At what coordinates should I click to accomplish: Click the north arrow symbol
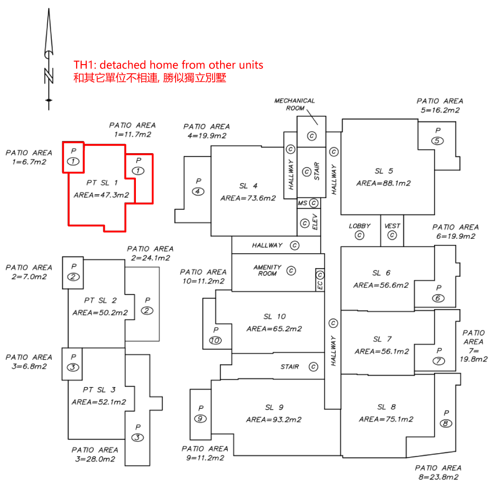pyautogui.click(x=48, y=59)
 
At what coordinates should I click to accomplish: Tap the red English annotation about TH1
pyautogui.click(x=168, y=65)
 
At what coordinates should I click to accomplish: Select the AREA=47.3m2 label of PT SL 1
pyautogui.click(x=101, y=195)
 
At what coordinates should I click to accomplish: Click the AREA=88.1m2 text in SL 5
pyautogui.click(x=383, y=183)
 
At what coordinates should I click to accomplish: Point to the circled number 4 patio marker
pyautogui.click(x=198, y=191)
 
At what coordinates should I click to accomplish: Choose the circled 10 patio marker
pyautogui.click(x=215, y=340)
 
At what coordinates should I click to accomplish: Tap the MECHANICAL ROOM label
pyautogui.click(x=295, y=104)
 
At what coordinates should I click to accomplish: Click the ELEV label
pyautogui.click(x=315, y=222)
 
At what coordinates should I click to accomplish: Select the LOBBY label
pyautogui.click(x=359, y=226)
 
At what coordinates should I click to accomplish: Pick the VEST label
pyautogui.click(x=392, y=226)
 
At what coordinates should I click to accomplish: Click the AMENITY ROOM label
pyautogui.click(x=267, y=270)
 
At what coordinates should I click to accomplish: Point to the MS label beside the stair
pyautogui.click(x=302, y=203)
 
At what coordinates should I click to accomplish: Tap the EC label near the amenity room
pyautogui.click(x=320, y=285)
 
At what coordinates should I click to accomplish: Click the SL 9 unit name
pyautogui.click(x=274, y=407)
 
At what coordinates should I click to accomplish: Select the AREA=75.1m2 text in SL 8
pyautogui.click(x=386, y=419)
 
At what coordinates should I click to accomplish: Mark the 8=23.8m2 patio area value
pyautogui.click(x=438, y=477)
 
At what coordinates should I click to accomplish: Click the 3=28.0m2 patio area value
pyautogui.click(x=95, y=459)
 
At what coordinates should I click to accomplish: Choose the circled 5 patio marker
pyautogui.click(x=437, y=141)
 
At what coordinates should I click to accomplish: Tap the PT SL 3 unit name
pyautogui.click(x=99, y=390)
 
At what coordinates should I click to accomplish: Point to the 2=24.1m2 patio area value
pyautogui.click(x=151, y=258)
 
